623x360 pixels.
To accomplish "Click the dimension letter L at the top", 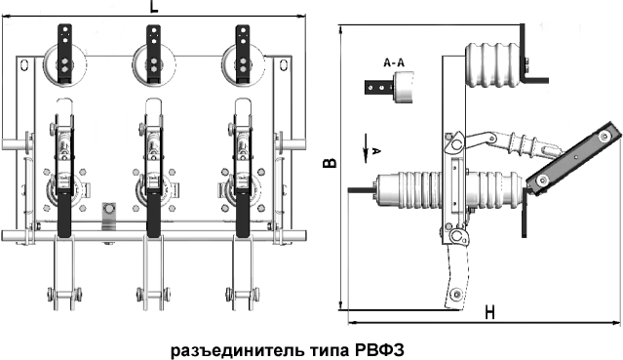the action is click(x=154, y=7).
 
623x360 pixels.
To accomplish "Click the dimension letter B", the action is click(x=330, y=162).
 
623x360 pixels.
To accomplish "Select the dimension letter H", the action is click(x=489, y=312).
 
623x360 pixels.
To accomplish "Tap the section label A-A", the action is click(x=394, y=62).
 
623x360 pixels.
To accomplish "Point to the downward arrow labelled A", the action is click(x=366, y=148).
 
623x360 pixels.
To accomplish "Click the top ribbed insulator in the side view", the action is click(x=492, y=64).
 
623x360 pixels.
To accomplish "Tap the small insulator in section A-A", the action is click(x=403, y=87).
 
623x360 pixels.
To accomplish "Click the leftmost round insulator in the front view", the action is click(x=64, y=64).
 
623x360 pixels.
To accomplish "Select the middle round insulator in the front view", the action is click(x=154, y=64).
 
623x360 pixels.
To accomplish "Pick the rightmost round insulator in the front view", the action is click(x=243, y=64).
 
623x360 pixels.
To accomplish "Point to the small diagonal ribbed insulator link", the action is click(x=517, y=143).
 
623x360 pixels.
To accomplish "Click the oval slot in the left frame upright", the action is click(x=24, y=65).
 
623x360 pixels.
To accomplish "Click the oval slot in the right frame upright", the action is click(x=284, y=65).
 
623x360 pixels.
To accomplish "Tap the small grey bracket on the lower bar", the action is click(x=108, y=216).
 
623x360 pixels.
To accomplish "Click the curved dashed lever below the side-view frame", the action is click(x=456, y=277).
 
